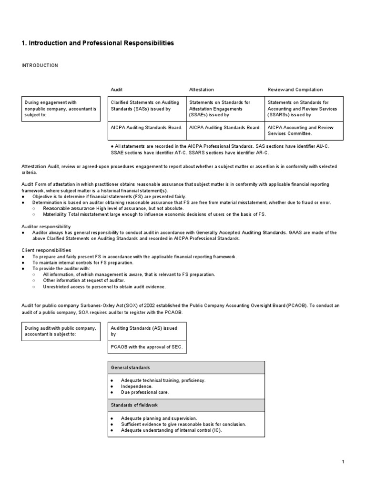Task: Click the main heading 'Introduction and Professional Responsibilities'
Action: (98, 43)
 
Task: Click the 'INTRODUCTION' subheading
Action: (40, 65)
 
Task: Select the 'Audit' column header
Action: (117, 90)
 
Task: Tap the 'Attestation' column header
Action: (202, 90)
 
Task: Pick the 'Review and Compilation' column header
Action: (295, 90)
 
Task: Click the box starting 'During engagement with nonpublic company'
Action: (61, 109)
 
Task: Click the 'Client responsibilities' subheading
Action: (46, 250)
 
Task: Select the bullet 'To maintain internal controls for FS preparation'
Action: (83, 263)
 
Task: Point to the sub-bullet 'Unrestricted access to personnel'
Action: (104, 287)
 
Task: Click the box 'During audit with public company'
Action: (61, 331)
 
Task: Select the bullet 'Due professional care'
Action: (145, 393)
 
